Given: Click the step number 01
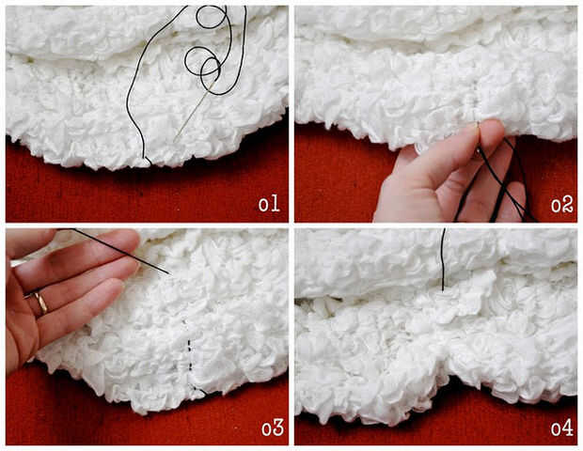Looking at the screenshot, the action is (269, 204).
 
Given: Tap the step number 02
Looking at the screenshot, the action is (561, 205).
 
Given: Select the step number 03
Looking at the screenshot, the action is (273, 428).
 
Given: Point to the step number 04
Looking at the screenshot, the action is (561, 428).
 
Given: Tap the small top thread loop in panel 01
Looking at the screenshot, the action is (211, 17).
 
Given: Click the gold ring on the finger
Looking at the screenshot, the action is (40, 302).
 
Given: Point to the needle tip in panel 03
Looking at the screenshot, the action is (169, 274).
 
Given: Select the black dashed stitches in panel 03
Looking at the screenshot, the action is (190, 356).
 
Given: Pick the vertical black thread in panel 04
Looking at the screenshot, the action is (443, 259).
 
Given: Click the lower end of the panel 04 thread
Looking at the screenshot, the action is (443, 290).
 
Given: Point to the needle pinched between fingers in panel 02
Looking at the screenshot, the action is (478, 139).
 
